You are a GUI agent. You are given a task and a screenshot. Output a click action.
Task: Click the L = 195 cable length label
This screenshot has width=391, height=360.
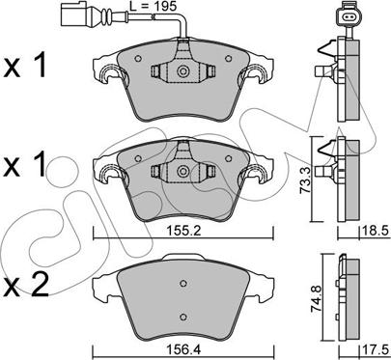tap(153, 7)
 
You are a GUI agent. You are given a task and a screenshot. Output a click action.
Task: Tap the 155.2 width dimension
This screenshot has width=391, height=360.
tap(183, 231)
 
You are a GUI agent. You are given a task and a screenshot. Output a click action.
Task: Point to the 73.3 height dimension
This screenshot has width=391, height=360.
tap(305, 181)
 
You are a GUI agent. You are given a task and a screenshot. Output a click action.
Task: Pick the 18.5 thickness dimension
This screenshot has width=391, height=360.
tap(375, 231)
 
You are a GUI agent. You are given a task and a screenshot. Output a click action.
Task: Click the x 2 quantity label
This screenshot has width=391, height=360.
tap(26, 285)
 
